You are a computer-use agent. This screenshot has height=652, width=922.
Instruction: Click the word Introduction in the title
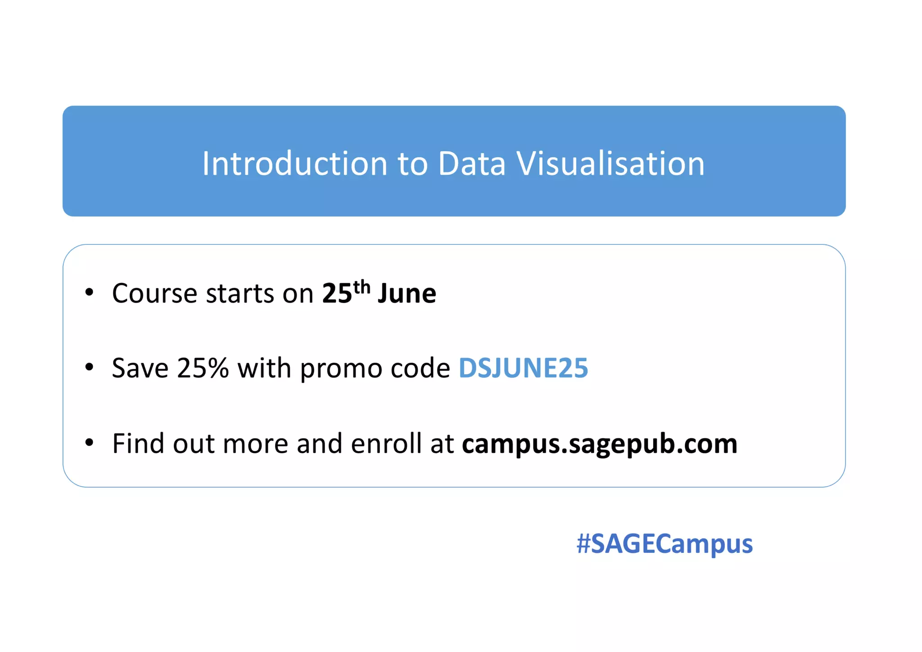(294, 163)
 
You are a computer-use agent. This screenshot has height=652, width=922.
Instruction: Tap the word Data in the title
(471, 163)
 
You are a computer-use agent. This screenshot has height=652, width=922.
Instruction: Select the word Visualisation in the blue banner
(610, 163)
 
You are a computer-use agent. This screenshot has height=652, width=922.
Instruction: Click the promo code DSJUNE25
(523, 368)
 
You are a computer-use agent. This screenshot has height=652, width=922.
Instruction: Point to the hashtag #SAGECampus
(664, 543)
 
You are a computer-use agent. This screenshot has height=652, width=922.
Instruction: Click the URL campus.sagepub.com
(600, 444)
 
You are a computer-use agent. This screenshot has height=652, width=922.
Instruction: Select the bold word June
(407, 294)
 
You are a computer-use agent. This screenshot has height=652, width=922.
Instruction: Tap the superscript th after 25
(362, 287)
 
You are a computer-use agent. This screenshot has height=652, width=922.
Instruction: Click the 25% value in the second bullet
(203, 368)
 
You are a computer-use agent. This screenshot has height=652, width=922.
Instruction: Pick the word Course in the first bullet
(154, 294)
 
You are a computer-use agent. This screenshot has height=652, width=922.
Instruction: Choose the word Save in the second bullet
(140, 368)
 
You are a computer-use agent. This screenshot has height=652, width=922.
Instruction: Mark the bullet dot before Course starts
(89, 292)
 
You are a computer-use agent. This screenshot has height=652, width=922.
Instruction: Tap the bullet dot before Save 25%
(89, 367)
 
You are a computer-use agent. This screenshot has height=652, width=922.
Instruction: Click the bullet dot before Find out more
(89, 443)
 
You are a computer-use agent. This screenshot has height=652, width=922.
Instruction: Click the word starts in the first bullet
(240, 294)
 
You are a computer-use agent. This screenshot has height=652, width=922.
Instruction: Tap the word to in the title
(412, 163)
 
